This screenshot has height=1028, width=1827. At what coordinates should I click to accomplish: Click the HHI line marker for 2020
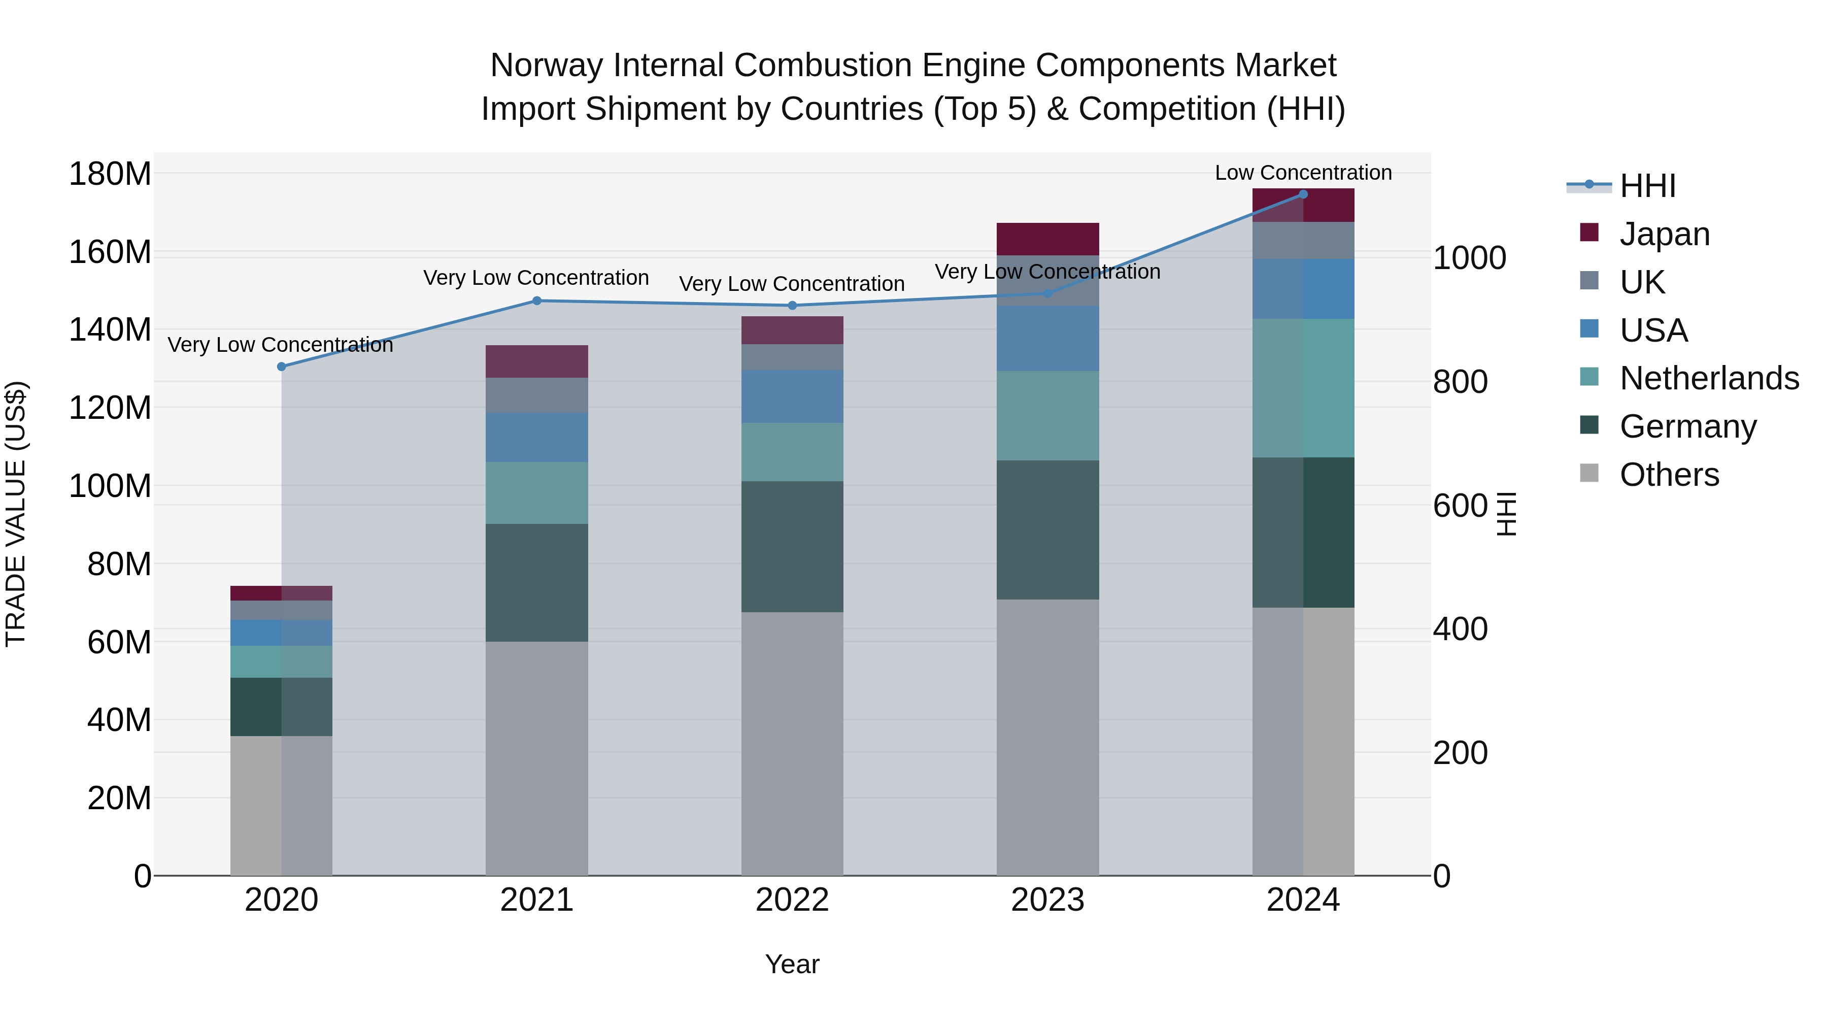[282, 367]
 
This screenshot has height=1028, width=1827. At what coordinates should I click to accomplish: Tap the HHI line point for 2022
[792, 306]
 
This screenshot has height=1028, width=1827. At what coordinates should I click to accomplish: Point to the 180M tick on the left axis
[110, 174]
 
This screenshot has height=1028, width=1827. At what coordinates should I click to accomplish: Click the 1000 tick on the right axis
[1469, 258]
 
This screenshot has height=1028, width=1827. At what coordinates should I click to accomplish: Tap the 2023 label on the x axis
[1047, 900]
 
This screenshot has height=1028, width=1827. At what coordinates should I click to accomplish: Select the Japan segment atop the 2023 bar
[1047, 239]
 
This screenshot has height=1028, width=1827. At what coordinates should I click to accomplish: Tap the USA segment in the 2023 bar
[1047, 339]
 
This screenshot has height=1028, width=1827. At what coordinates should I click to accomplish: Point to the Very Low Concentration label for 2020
[280, 345]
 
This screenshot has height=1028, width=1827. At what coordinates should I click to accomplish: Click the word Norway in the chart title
[546, 66]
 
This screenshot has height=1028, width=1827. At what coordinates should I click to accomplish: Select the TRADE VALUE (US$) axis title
[16, 514]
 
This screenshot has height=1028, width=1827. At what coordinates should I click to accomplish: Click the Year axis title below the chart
[792, 964]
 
